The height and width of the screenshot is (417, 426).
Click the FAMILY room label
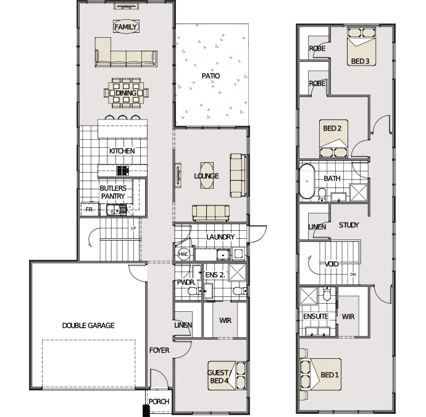126,27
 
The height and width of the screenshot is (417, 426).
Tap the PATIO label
211,76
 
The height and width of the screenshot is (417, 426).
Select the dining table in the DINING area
126,93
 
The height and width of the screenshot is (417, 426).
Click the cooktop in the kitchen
122,171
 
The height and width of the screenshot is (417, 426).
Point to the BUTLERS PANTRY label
113,192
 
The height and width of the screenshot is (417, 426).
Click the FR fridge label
89,210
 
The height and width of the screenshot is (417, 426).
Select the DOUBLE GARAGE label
88,325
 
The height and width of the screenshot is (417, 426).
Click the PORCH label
159,402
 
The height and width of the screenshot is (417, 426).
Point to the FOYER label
159,350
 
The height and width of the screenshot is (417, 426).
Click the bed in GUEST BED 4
227,376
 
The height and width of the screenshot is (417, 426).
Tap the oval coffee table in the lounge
207,175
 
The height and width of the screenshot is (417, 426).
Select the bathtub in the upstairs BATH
307,181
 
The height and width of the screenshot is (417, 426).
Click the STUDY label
349,225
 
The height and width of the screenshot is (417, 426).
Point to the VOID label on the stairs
332,264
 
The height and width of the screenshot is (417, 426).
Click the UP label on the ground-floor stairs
133,228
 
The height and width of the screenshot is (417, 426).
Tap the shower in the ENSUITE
308,295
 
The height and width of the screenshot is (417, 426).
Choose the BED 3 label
361,61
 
